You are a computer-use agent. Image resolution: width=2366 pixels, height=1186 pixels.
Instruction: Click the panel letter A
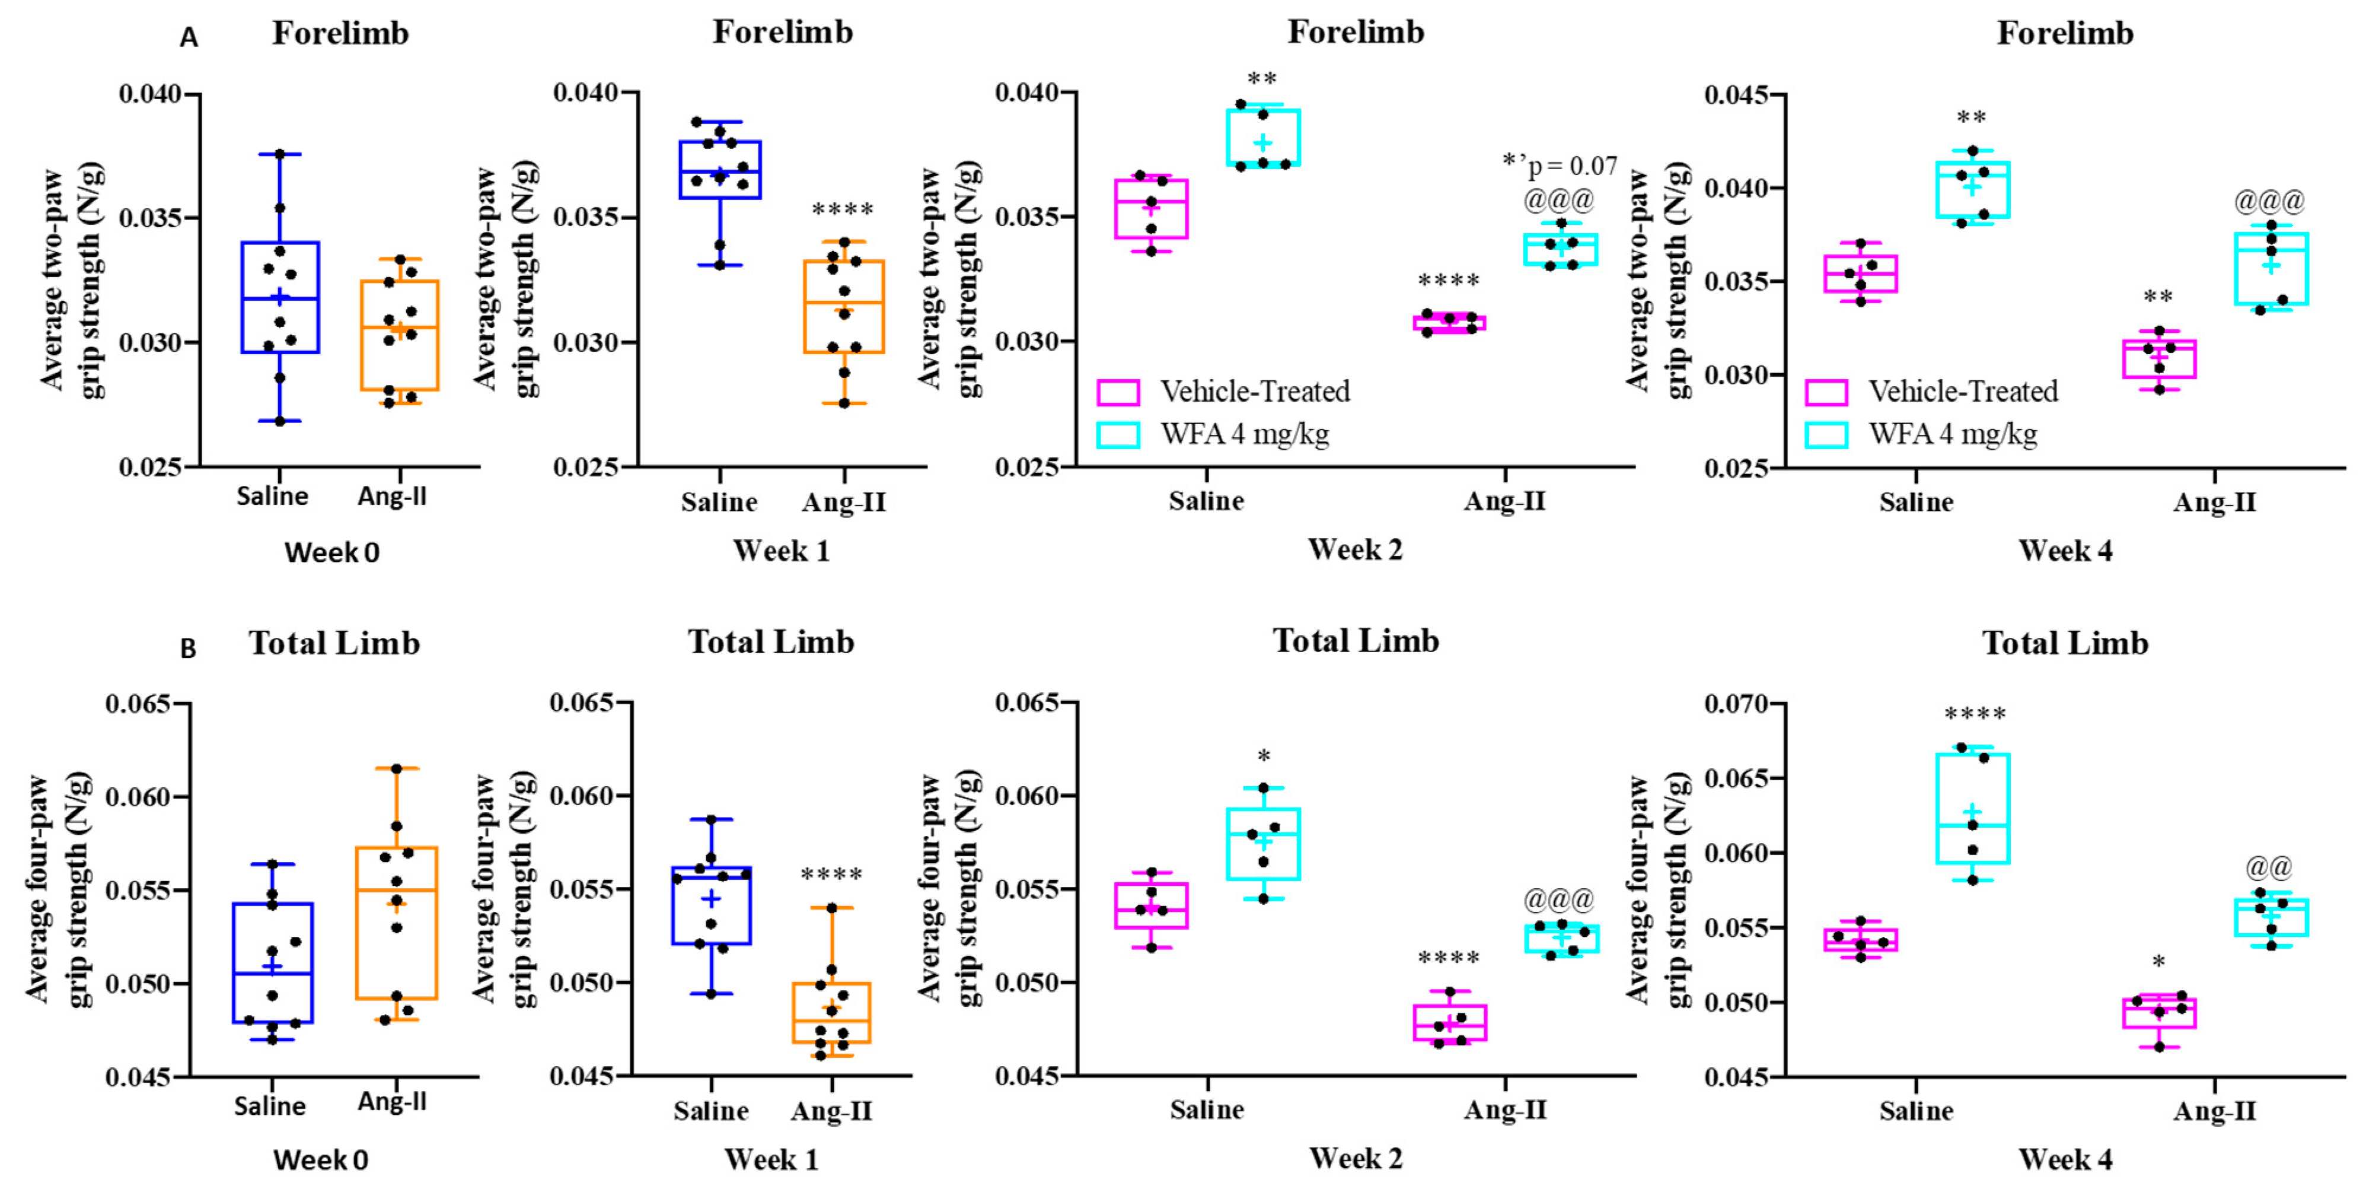[x=189, y=37]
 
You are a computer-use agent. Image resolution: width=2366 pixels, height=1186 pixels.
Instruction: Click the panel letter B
[x=189, y=648]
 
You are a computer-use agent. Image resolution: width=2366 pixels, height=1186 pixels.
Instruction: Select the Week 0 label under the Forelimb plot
[x=331, y=552]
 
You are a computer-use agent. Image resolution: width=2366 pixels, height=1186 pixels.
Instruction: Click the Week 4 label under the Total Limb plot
[x=2065, y=1159]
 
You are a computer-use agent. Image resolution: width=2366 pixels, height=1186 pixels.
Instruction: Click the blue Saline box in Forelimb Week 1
[x=720, y=170]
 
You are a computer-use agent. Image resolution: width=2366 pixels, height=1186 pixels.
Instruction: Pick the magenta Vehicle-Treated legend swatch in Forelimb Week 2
[x=1118, y=392]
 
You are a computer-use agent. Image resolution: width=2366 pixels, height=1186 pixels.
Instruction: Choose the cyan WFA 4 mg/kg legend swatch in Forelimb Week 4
[x=1826, y=434]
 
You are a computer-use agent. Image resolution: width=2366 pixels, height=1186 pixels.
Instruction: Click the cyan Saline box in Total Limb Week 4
[x=1972, y=809]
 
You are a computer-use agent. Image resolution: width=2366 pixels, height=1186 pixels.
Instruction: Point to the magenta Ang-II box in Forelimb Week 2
[x=1449, y=322]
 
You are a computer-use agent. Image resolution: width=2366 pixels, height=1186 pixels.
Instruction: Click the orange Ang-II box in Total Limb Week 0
[x=397, y=923]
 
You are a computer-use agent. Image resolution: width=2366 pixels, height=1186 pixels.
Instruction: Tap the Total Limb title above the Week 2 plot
[x=1356, y=641]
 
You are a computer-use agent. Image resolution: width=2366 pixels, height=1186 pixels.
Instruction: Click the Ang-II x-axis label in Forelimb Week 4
[x=2214, y=503]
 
